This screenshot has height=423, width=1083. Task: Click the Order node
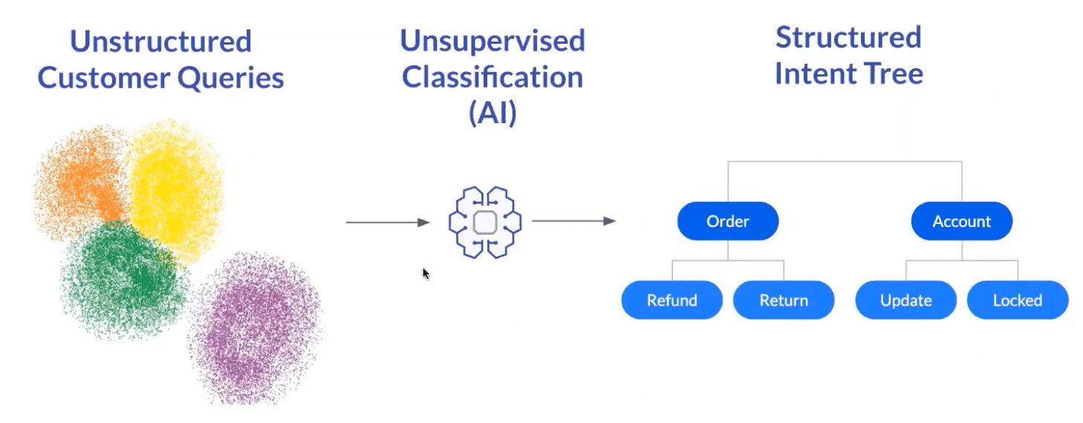pyautogui.click(x=728, y=221)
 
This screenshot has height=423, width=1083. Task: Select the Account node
pyautogui.click(x=962, y=221)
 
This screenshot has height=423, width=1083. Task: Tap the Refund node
pyautogui.click(x=672, y=301)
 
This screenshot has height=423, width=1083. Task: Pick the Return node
pyautogui.click(x=784, y=301)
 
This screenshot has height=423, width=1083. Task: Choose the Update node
pyautogui.click(x=906, y=301)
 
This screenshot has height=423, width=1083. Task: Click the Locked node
pyautogui.click(x=1018, y=301)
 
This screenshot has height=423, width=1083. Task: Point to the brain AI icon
pyautogui.click(x=485, y=222)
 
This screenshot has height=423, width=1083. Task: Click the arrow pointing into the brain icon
pyautogui.click(x=388, y=222)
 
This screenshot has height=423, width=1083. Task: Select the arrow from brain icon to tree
pyautogui.click(x=574, y=221)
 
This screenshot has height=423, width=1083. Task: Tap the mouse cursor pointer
pyautogui.click(x=426, y=274)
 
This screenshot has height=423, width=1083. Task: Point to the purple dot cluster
pyautogui.click(x=256, y=328)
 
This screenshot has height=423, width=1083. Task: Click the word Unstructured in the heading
pyautogui.click(x=161, y=42)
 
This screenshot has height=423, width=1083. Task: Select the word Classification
pyautogui.click(x=492, y=77)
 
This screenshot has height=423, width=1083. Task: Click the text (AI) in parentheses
pyautogui.click(x=492, y=113)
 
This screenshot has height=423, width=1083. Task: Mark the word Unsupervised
pyautogui.click(x=492, y=42)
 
